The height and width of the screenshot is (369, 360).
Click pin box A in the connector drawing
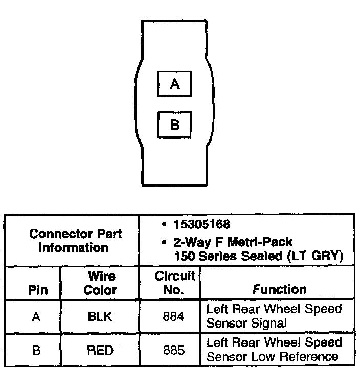coord(174,84)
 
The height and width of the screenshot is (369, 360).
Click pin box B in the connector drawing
coord(174,125)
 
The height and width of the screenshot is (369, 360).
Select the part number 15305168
coord(201,225)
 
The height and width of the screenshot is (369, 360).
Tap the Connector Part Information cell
coord(75,241)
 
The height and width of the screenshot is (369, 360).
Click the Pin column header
coord(38,290)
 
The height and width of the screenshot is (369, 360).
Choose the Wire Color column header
coord(100,283)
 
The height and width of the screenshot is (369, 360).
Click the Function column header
coord(279,289)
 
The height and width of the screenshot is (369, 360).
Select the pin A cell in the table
coord(36,317)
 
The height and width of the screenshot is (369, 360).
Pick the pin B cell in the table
coord(36,351)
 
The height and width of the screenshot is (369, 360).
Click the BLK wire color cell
coord(100,317)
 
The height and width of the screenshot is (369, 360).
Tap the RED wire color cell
coord(100,351)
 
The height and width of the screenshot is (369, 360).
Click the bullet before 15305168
coord(163,225)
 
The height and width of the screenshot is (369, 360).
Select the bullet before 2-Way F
coord(163,242)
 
